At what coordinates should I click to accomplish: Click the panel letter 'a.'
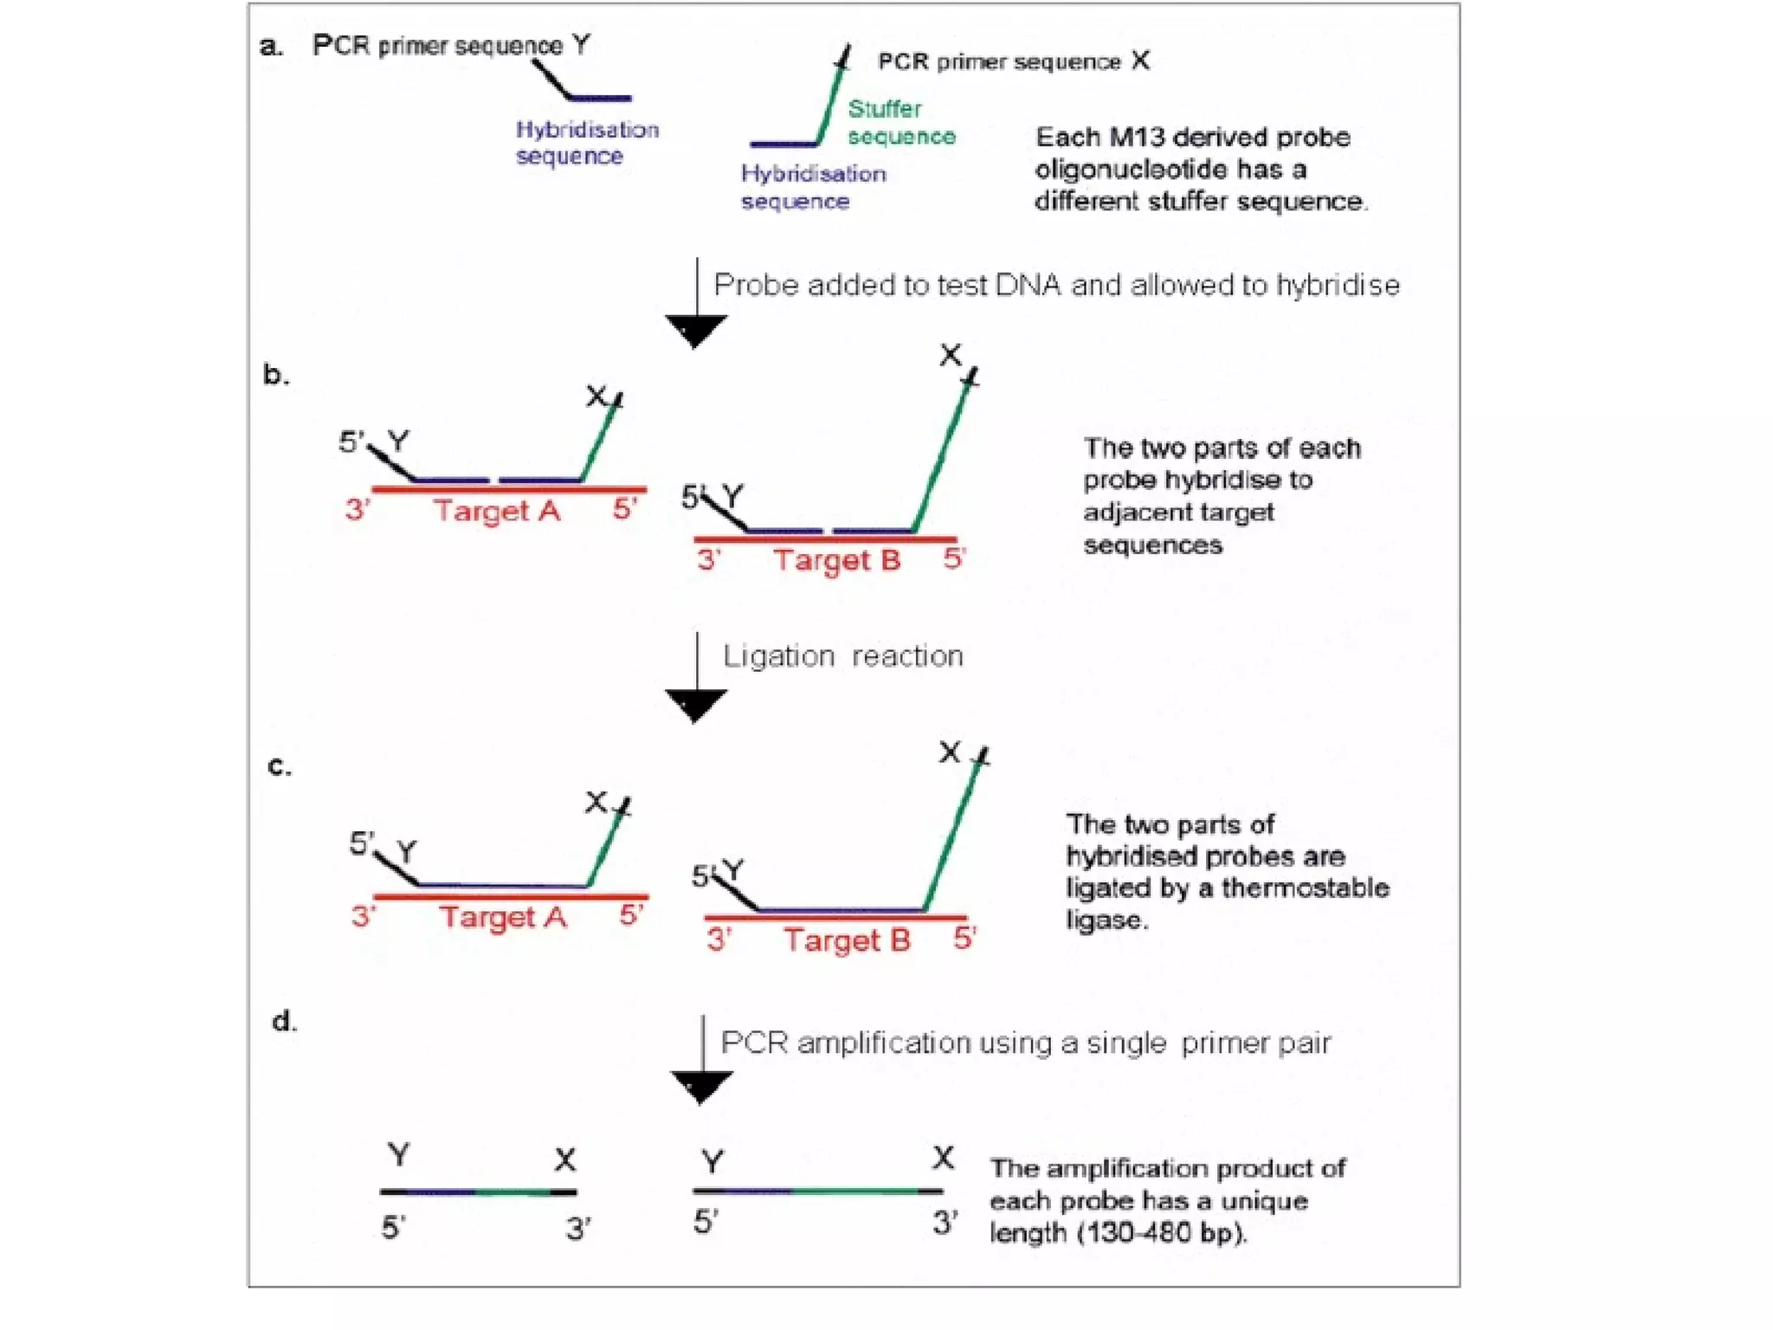pos(271,46)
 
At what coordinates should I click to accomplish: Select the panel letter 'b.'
pos(275,375)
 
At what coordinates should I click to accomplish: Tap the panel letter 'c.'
pos(279,766)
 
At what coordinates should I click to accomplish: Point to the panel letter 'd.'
pos(284,1022)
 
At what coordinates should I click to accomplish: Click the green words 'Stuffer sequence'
pos(900,122)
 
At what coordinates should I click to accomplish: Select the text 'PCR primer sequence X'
pos(1013,61)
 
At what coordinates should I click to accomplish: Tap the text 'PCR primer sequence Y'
pos(451,45)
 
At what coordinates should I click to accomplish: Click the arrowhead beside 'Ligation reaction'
pos(695,705)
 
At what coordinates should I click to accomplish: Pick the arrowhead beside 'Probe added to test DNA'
pos(695,331)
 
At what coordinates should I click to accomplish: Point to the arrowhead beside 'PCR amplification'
pos(701,1087)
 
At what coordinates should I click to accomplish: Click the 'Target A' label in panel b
pos(497,511)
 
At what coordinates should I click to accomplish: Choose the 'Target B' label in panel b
pos(837,560)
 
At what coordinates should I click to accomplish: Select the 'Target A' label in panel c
pos(503,917)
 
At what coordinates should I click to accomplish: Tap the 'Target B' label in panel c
pos(848,940)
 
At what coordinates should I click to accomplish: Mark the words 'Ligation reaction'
pos(842,656)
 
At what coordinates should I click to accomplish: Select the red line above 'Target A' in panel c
pos(511,896)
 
